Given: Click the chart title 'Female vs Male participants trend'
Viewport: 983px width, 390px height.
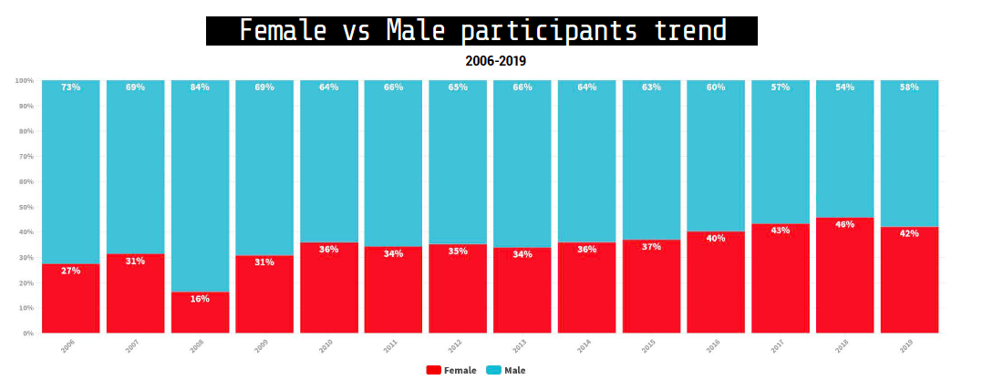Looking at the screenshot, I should click(481, 31).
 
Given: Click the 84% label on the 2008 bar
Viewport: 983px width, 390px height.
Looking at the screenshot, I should click(200, 87).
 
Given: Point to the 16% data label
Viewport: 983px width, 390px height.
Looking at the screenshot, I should click(200, 299).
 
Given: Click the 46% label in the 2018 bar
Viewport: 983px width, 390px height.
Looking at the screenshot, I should click(844, 224).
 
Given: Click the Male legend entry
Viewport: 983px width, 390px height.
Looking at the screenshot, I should click(506, 371).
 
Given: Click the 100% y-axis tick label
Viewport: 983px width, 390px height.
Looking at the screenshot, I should click(24, 81).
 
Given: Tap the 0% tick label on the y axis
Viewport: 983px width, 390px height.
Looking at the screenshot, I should click(27, 334).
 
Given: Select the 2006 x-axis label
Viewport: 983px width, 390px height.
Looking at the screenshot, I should click(68, 346).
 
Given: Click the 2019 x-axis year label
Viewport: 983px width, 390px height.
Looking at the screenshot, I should click(906, 346).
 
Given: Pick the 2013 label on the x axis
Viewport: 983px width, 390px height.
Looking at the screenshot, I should click(520, 346).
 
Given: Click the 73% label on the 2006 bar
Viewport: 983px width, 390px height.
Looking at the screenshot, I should click(70, 87).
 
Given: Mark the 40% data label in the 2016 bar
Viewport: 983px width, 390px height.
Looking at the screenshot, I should click(716, 239).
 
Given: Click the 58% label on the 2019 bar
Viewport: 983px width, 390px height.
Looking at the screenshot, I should click(909, 87).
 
